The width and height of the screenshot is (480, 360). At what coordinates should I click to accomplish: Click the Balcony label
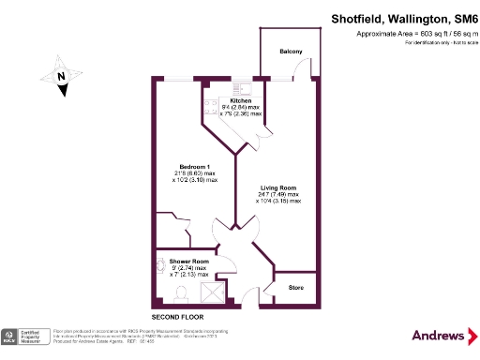click(x=290, y=52)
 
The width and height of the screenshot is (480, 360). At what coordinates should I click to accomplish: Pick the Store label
click(x=296, y=287)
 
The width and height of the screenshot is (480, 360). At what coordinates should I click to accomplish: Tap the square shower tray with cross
click(x=214, y=294)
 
